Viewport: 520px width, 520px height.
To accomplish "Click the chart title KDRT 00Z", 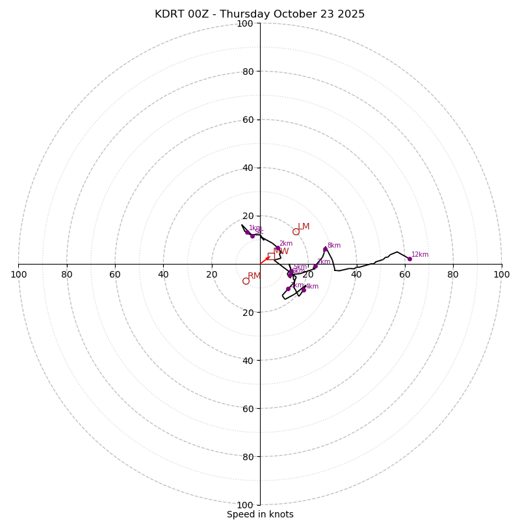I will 259,14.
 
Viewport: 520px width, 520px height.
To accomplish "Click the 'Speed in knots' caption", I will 260,514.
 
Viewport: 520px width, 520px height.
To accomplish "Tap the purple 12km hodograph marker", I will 409,259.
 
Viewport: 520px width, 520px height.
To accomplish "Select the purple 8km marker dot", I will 325,249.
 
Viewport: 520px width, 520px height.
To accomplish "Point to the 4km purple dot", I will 304,290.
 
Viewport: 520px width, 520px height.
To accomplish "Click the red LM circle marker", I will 296,231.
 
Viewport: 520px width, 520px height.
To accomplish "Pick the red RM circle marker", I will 246,281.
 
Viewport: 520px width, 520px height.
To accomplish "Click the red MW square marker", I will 271,256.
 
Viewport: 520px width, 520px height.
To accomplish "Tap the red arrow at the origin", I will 265,260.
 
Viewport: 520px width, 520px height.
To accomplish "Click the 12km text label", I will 420,255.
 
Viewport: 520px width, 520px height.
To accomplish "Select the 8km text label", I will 334,246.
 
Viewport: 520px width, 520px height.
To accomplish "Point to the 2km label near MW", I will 286,244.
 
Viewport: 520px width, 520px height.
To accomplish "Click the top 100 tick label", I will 244,23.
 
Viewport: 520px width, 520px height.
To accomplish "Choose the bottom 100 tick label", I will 244,505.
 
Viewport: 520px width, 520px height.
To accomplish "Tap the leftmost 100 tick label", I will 18,274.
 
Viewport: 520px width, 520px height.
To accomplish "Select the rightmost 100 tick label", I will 501,274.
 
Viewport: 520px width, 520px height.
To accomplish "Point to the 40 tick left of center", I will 163,274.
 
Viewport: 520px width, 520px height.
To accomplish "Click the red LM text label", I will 304,227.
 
